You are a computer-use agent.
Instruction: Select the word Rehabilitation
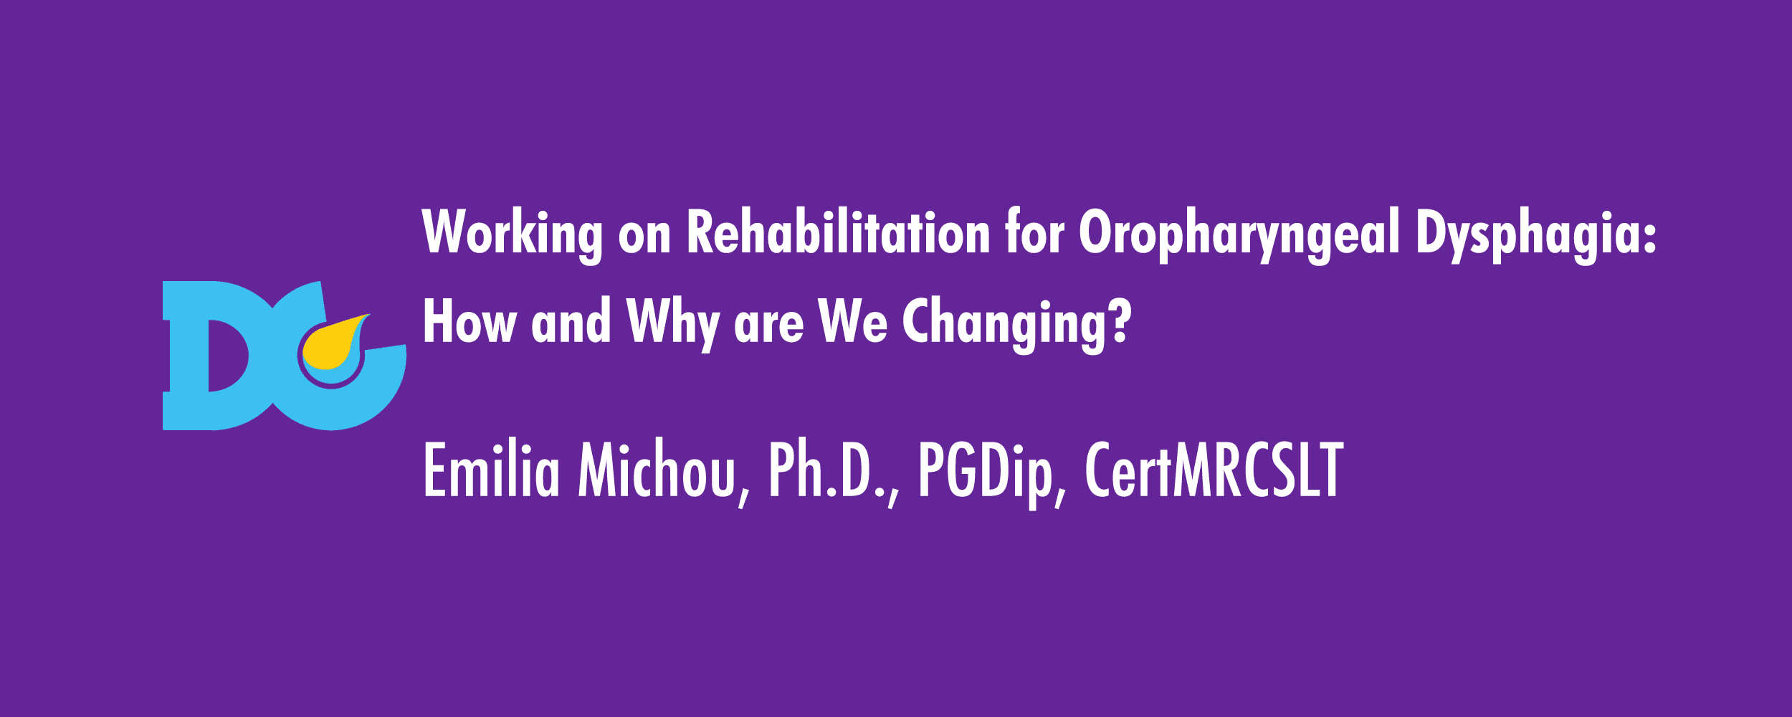pos(839,232)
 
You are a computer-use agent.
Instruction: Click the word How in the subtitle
pos(470,321)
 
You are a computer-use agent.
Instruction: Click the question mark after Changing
pos(1119,320)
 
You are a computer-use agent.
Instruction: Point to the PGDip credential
pos(986,473)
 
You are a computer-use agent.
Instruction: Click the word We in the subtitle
pos(852,321)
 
